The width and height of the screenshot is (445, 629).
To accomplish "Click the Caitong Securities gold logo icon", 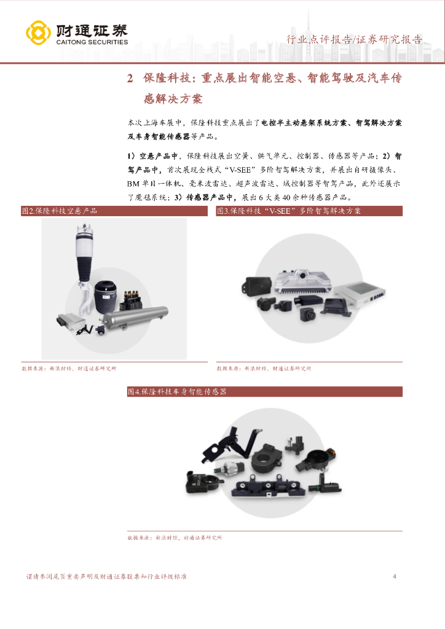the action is (39, 33).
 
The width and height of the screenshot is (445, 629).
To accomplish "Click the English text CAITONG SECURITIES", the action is (92, 42).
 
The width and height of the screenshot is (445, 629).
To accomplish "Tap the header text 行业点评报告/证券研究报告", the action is (354, 39).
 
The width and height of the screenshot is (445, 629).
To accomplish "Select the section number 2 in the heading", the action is (130, 78).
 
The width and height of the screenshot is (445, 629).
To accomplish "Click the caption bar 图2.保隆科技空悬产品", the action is (114, 211).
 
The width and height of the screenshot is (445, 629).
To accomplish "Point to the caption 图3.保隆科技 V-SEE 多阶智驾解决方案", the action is (309, 211).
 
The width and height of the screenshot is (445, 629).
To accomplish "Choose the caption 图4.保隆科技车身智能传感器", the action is (265, 391).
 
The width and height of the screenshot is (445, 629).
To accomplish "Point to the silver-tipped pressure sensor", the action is (229, 469).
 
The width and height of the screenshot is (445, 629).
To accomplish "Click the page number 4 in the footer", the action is (395, 576).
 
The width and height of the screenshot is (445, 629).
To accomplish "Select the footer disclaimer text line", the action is (106, 576).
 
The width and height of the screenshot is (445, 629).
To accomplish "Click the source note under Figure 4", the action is (175, 537).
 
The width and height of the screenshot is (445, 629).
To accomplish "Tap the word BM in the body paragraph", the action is (133, 184).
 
